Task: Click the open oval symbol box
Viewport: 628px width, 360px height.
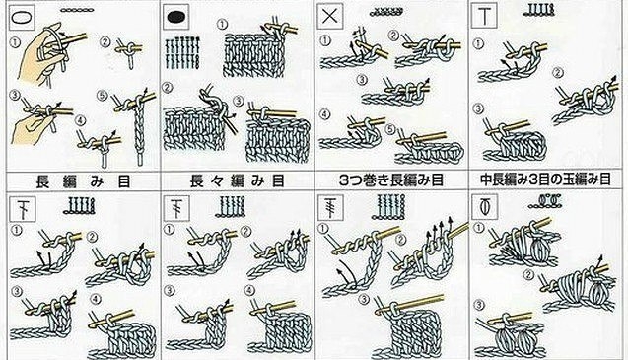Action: click(22, 17)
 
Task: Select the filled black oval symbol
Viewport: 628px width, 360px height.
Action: click(177, 17)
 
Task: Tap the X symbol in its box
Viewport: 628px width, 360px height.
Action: click(329, 17)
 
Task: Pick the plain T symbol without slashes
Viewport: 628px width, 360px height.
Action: click(484, 16)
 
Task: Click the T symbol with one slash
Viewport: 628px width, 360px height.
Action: click(22, 208)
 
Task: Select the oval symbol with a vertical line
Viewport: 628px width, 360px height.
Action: click(485, 207)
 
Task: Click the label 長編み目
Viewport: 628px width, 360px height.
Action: click(83, 181)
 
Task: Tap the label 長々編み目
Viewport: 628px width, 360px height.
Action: click(237, 181)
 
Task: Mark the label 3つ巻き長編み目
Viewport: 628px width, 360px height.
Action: click(390, 180)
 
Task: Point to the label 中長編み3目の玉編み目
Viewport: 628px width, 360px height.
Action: click(545, 180)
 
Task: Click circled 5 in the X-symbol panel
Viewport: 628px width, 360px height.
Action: click(390, 129)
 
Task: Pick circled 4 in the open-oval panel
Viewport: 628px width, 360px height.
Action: click(81, 120)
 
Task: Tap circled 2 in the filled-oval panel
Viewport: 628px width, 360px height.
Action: click(168, 87)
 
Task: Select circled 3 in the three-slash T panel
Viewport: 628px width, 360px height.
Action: click(364, 299)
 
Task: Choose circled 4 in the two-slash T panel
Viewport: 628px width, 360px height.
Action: click(250, 289)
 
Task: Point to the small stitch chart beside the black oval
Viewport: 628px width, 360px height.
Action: click(181, 53)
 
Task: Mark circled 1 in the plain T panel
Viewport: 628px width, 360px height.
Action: click(478, 43)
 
